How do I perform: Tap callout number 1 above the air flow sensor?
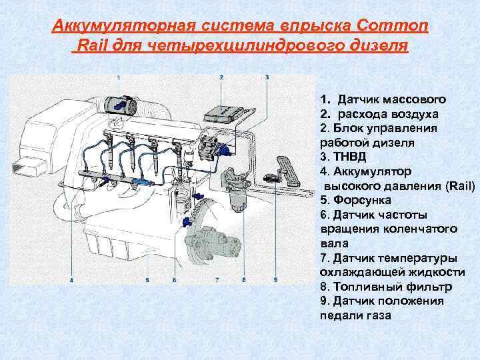(119, 78)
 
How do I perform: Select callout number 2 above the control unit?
(221, 78)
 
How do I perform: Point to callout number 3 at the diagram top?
(267, 78)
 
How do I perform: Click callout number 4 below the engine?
(71, 280)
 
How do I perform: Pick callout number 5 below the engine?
(147, 280)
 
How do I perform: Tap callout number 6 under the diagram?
(174, 280)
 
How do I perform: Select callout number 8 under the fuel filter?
(244, 280)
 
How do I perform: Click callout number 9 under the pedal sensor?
(275, 280)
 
